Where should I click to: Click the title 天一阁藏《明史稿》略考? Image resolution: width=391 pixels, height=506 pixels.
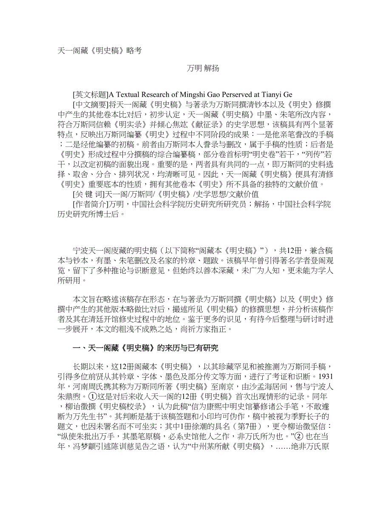pos(99,51)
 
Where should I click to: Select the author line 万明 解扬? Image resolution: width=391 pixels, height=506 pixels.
pos(203,68)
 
